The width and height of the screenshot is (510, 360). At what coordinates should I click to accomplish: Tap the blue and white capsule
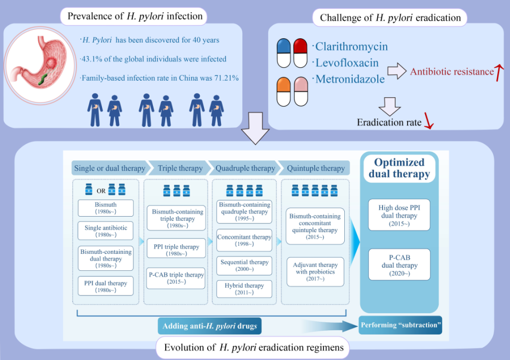point(284,53)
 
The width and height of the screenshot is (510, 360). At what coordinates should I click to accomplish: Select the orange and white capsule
point(283,92)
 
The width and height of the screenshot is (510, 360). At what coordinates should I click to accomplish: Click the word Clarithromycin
point(352,47)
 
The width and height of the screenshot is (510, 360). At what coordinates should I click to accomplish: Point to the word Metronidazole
point(350,79)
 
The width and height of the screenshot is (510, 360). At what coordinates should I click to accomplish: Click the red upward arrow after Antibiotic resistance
point(499,73)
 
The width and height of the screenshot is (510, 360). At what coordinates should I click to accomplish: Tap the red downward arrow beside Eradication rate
point(429,121)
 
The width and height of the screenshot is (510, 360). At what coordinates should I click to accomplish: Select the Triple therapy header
point(180,168)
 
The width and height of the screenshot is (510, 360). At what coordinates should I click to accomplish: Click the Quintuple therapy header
point(315,168)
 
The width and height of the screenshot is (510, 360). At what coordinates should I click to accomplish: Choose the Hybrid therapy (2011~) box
point(244,289)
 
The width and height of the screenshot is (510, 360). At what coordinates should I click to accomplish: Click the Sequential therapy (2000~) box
point(244,265)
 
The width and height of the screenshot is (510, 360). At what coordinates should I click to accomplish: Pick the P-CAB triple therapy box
point(176,278)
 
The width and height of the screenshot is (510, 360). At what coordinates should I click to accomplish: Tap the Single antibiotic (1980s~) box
point(106,231)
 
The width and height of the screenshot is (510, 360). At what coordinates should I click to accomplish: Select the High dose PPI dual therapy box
point(399,215)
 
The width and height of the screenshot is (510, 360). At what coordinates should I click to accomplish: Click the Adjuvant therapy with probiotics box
point(315,271)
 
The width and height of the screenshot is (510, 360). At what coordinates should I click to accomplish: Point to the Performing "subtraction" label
point(401,325)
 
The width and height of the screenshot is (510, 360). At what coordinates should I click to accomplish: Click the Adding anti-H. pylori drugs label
point(209,326)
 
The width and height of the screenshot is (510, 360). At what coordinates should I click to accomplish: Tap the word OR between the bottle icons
point(101,191)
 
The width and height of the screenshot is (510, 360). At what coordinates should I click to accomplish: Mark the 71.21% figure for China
point(226,78)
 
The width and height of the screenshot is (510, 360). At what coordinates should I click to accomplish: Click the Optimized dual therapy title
point(399,168)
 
